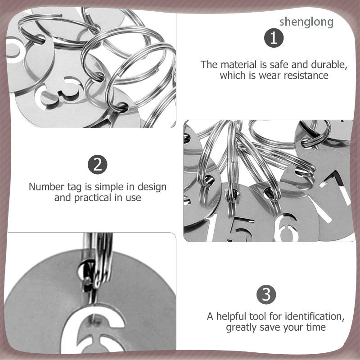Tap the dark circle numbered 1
[274, 38]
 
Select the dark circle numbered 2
[98, 165]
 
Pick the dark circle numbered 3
[266, 295]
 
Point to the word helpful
[231, 316]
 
